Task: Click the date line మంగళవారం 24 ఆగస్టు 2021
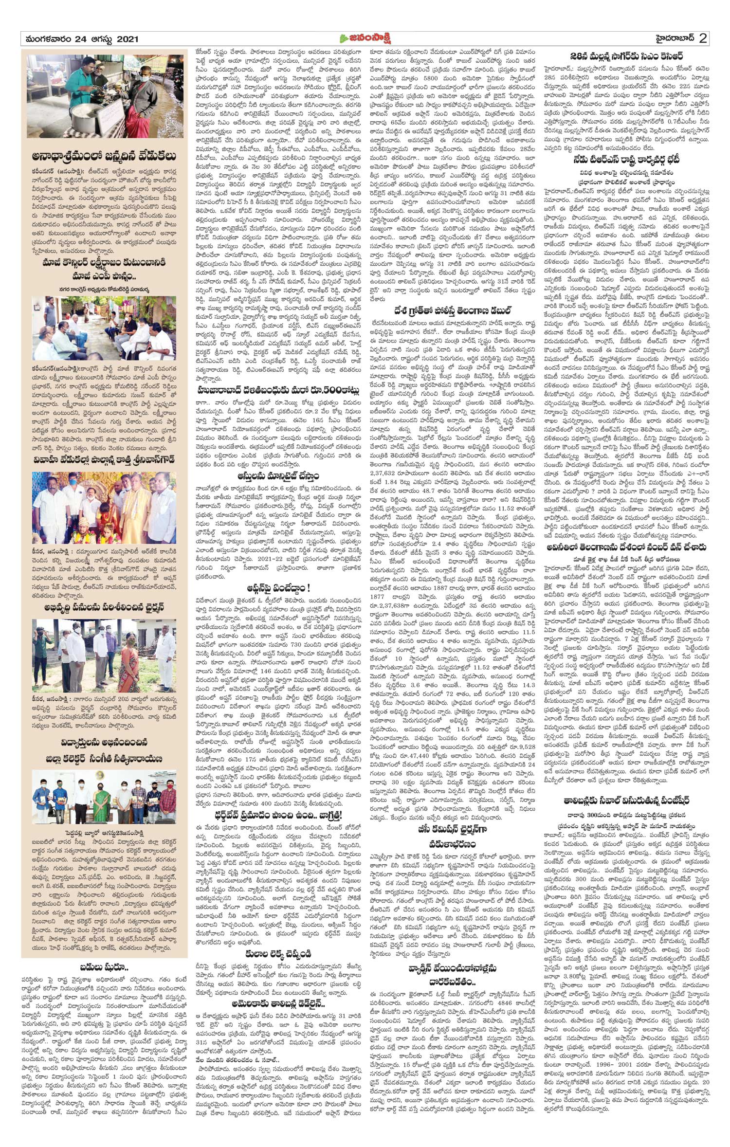point(80,39)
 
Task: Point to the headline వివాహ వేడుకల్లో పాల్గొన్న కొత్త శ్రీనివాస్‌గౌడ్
point(104,459)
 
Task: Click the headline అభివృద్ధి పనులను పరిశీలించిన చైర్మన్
point(104,607)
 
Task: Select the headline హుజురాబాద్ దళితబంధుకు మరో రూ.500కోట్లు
point(278,390)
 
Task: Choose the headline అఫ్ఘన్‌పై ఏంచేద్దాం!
point(278,588)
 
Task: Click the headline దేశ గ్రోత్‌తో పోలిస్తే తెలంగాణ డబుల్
point(453,310)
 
